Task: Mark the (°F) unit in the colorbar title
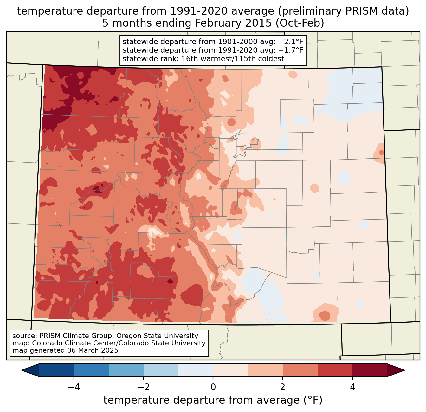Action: pos(313,400)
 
